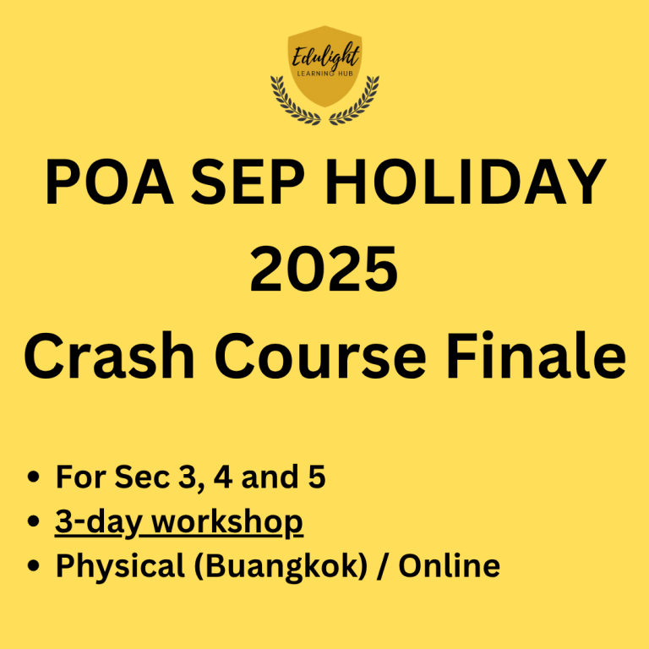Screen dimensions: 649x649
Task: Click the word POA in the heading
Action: coord(109,182)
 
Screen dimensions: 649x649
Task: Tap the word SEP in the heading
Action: coord(248,182)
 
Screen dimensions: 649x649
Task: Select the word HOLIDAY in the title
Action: coord(466,182)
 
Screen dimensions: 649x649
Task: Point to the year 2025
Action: coord(324,269)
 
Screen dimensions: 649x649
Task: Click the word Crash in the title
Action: coord(109,355)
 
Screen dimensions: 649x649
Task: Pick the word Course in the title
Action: coord(320,356)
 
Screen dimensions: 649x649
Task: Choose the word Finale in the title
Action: coord(537,355)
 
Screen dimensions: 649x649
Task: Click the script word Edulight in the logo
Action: coord(325,56)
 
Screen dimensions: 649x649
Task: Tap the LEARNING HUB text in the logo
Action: coord(325,74)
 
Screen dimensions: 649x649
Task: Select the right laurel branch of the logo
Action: coord(356,101)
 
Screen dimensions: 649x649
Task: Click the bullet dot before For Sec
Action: coord(33,477)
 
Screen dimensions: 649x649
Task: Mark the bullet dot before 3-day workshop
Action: coord(33,521)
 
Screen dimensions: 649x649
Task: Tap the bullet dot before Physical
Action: coord(33,565)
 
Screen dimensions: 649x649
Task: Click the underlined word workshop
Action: coord(227,522)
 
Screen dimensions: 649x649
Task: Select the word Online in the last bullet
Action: coord(449,565)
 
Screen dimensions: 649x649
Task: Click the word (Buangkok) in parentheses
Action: coord(281,566)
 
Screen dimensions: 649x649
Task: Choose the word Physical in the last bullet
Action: coord(121,566)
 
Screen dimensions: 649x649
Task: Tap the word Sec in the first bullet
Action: coord(142,477)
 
